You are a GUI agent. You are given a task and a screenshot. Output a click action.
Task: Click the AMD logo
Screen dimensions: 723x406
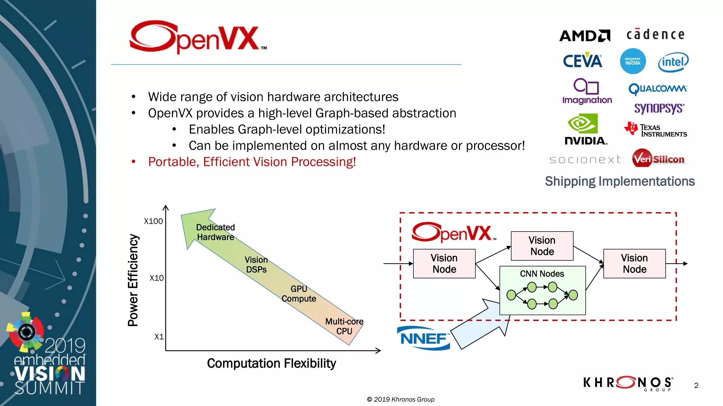tap(585, 36)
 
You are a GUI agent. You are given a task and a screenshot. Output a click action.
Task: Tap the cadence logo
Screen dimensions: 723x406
tap(656, 35)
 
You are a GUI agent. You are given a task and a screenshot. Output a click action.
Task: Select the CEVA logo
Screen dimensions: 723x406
tap(582, 61)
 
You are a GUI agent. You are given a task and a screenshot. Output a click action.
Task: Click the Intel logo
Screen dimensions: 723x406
tap(673, 62)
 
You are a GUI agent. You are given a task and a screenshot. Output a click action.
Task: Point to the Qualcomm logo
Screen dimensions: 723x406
tap(658, 88)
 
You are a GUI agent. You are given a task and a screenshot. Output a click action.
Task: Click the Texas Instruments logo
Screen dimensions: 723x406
tap(656, 130)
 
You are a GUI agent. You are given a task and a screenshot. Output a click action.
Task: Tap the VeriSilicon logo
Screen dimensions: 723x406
tap(658, 159)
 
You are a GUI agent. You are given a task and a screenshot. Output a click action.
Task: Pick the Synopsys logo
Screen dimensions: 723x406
tap(659, 108)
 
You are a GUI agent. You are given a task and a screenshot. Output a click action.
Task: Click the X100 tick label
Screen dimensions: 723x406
tap(153, 221)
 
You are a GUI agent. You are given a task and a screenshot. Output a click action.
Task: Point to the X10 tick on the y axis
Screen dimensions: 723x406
tap(156, 278)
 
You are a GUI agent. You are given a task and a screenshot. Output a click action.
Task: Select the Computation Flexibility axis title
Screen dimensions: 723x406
tap(271, 363)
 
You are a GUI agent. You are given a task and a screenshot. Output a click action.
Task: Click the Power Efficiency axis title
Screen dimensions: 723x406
tap(133, 280)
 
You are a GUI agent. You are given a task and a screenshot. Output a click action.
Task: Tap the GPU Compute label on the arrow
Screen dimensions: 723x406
tap(299, 294)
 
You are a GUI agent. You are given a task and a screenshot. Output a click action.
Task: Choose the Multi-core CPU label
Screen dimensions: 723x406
tap(344, 326)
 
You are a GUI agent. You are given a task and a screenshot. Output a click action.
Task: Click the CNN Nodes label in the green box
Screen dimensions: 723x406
tap(542, 274)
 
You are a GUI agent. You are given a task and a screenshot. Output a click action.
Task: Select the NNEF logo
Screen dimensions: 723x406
tap(424, 339)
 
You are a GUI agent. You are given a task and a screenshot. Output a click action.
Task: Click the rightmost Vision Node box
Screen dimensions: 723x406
tap(634, 264)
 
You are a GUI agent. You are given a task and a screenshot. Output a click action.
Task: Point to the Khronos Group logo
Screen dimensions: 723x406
tap(628, 383)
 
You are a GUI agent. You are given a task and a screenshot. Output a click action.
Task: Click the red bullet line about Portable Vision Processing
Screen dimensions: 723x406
tap(252, 162)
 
